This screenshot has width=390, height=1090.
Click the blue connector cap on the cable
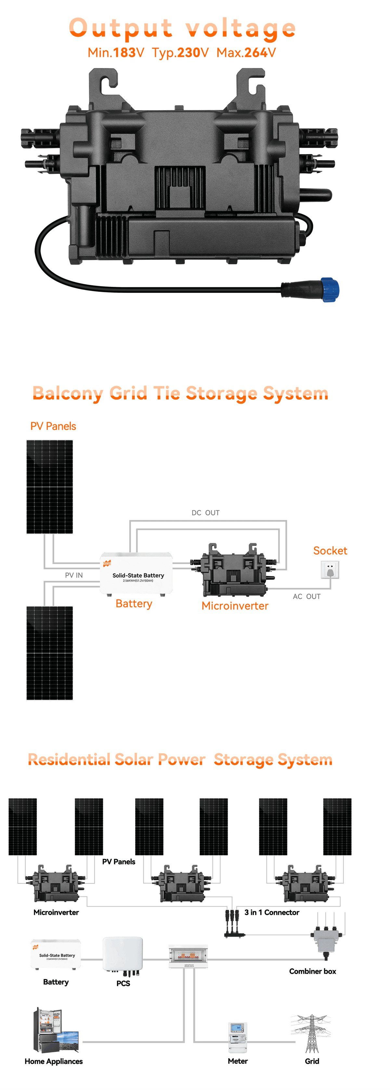click(x=329, y=290)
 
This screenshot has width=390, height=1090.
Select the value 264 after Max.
click(x=255, y=53)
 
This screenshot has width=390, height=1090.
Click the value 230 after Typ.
click(x=188, y=53)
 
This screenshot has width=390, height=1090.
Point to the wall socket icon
click(x=330, y=570)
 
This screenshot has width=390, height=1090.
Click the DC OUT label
click(x=206, y=513)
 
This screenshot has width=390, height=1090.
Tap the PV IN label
click(x=74, y=575)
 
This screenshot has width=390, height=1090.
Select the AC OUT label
click(x=307, y=597)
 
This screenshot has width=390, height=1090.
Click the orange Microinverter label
click(x=235, y=606)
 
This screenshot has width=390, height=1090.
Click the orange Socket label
click(x=330, y=551)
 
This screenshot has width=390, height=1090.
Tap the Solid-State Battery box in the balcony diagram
click(x=136, y=573)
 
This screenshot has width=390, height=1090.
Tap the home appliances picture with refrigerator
click(x=55, y=1031)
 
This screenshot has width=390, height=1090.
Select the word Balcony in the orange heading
click(x=67, y=394)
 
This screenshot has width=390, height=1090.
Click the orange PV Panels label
click(x=53, y=427)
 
